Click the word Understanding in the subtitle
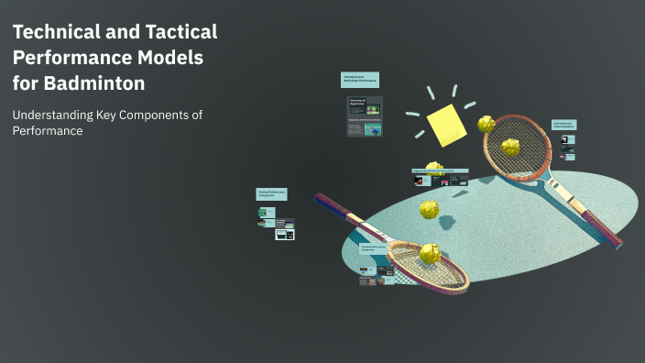[x=56, y=115]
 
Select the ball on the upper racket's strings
[x=508, y=147]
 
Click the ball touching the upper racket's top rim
[x=486, y=123]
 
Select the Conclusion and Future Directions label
[x=563, y=124]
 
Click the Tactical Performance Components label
[x=271, y=193]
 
